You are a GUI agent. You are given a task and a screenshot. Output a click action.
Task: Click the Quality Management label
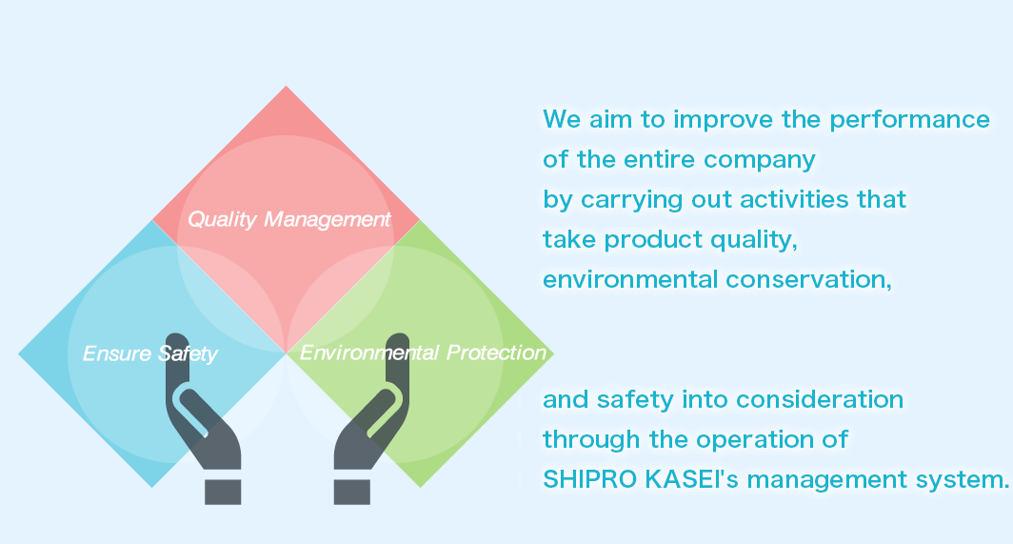288,220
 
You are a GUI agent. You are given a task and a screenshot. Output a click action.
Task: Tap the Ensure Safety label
149,353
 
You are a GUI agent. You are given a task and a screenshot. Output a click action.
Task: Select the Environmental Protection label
423,353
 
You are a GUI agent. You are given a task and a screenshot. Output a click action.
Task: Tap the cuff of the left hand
223,493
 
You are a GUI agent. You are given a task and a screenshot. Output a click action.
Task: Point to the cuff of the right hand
352,493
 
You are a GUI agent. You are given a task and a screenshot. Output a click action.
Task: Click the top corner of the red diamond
287,86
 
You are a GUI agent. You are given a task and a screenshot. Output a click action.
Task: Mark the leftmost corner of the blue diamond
19,353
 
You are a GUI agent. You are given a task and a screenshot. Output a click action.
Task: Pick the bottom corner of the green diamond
420,487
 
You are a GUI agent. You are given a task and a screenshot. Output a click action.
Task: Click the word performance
909,120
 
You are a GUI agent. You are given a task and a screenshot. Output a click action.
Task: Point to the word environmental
630,279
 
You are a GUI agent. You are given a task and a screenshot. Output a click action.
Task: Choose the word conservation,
809,280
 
